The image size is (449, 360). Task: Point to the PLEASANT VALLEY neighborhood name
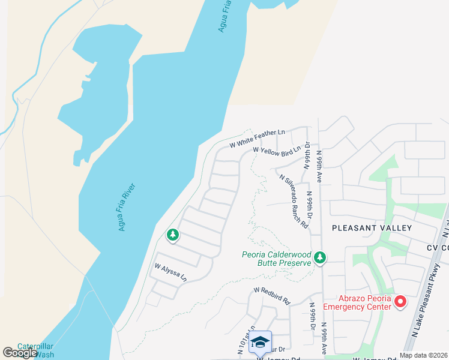coord(372,228)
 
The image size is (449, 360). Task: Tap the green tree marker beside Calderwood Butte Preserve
coord(320,257)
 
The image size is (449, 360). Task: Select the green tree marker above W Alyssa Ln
coord(173,235)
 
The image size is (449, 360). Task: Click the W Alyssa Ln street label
coord(171,272)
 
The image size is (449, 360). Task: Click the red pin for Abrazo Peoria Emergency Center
coord(401,301)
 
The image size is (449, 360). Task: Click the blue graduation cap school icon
coord(260,342)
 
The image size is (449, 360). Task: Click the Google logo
coord(20,353)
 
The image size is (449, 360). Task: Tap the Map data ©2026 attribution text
coord(423,355)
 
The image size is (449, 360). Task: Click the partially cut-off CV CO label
coord(438,248)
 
